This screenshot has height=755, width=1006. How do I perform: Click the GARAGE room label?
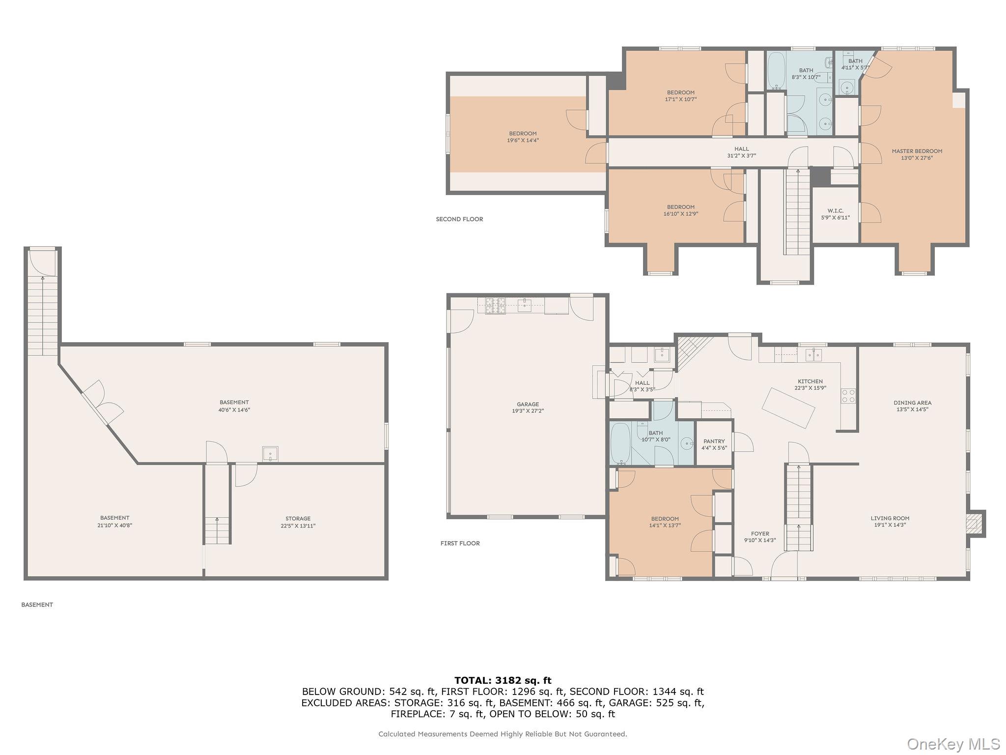(528, 405)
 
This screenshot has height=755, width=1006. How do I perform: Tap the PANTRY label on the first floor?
(714, 441)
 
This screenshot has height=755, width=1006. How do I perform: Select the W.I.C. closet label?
(835, 211)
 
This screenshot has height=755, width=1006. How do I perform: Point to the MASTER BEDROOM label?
(917, 151)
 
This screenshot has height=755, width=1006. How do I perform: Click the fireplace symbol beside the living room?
(975, 524)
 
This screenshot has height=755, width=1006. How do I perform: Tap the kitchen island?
(788, 408)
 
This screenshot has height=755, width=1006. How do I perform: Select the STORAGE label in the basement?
(298, 519)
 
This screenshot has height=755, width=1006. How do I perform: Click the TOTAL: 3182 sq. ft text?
(503, 681)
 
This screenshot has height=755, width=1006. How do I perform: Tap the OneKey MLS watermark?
(952, 743)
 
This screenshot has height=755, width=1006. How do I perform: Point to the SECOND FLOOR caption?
(459, 219)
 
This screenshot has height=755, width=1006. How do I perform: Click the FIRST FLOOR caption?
(460, 543)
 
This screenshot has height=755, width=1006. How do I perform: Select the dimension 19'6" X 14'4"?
(523, 141)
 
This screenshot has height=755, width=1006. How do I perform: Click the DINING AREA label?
(912, 403)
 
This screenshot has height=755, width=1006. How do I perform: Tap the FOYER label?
(760, 533)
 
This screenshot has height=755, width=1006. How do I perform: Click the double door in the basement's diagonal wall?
(103, 402)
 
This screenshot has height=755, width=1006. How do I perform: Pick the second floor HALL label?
(741, 149)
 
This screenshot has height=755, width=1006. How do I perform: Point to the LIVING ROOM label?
(890, 518)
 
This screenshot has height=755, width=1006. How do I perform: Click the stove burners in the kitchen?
(848, 396)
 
